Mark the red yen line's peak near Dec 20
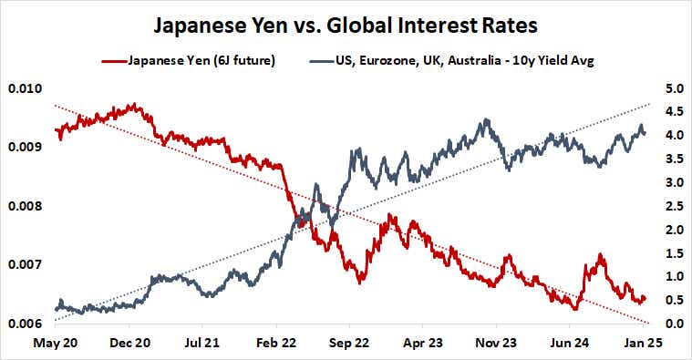133,105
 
